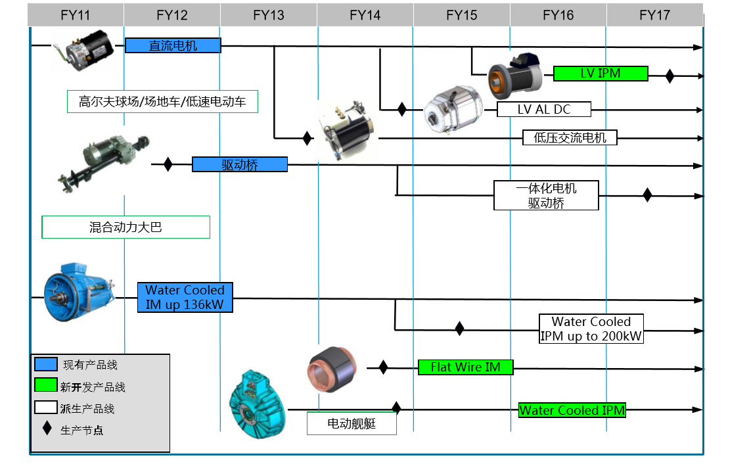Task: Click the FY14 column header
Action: [365, 15]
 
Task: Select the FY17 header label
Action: [654, 15]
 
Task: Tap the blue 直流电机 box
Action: [173, 45]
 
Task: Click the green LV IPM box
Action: [601, 73]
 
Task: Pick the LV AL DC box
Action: [544, 109]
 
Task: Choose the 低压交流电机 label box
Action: [570, 137]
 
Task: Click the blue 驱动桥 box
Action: [240, 164]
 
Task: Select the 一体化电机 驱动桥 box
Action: [546, 195]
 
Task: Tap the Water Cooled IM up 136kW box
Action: [185, 297]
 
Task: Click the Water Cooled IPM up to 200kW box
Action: [591, 329]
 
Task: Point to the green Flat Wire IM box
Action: [465, 367]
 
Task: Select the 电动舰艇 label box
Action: [352, 423]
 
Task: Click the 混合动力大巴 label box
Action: [125, 227]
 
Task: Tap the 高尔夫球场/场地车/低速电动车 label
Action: [162, 101]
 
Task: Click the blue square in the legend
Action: [46, 364]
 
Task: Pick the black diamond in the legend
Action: [47, 429]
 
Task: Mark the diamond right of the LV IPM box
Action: [670, 76]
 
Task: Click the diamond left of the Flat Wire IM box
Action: [383, 367]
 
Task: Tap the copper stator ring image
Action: [332, 368]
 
